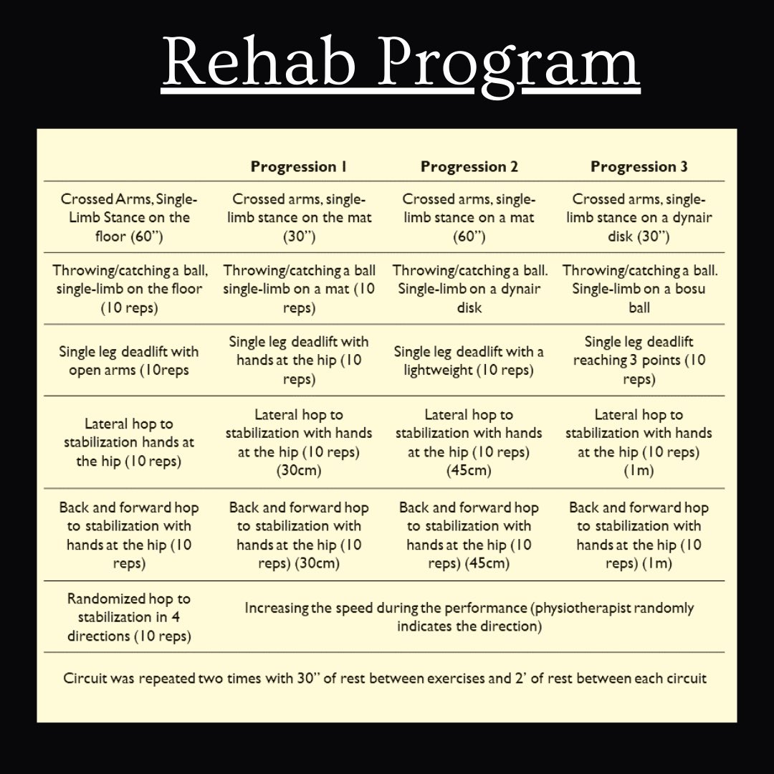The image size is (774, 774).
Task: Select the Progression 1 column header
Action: point(299,167)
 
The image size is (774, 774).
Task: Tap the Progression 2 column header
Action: point(469,167)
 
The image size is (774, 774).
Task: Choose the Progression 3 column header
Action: point(639,167)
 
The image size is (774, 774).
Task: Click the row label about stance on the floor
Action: point(129,217)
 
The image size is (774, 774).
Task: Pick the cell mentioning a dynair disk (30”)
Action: point(639,217)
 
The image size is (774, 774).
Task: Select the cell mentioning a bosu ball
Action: point(639,289)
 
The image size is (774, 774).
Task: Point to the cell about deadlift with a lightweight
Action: point(469,360)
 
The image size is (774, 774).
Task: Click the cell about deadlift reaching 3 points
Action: point(639,360)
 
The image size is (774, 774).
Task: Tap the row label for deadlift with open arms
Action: point(129,360)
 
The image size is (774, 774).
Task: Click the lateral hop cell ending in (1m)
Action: point(639,442)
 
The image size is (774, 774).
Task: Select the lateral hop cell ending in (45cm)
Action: point(469,442)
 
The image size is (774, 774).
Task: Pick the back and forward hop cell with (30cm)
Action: point(299,535)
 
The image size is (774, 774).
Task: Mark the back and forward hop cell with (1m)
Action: point(639,535)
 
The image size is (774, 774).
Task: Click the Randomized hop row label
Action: point(129,617)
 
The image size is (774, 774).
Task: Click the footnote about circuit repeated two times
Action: point(385,678)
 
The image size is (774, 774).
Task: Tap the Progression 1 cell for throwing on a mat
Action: point(299,289)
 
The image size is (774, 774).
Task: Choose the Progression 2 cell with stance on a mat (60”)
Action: point(469,217)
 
